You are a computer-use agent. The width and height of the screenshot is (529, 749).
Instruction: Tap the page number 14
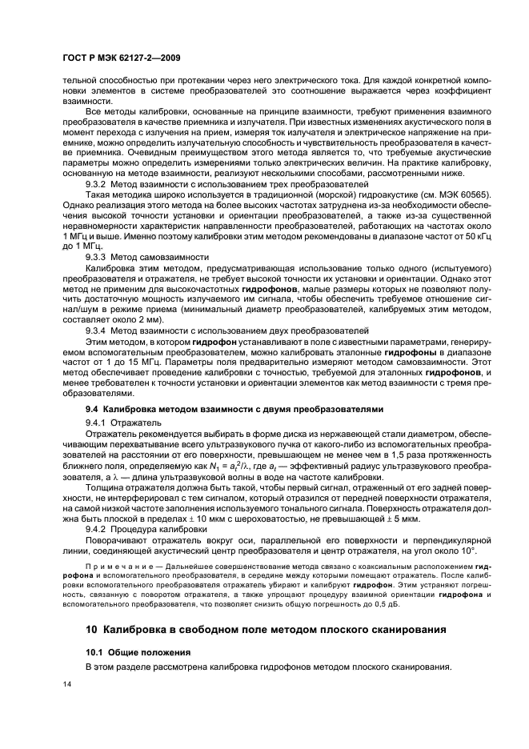pos(68,684)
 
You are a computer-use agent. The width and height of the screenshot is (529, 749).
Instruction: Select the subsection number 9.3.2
pos(98,183)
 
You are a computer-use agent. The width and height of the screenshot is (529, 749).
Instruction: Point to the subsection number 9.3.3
pos(98,256)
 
